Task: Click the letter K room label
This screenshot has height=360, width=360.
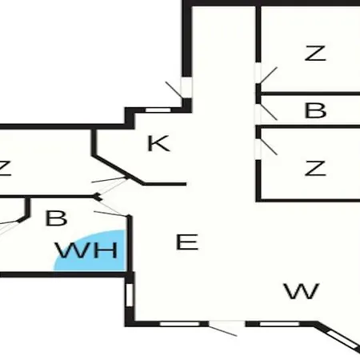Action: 158,143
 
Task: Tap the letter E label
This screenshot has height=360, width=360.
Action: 187,242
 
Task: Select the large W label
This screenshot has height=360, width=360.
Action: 302,291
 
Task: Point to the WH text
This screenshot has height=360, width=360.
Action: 86,250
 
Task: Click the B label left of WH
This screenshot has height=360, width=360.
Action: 56,218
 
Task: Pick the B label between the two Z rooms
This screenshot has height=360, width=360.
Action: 315,110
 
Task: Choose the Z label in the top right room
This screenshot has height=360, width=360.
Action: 315,53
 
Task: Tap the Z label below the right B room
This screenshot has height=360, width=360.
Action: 315,168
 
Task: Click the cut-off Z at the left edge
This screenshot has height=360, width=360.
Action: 6,168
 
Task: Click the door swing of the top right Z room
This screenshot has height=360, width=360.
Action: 268,75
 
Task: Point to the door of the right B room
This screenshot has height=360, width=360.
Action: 268,111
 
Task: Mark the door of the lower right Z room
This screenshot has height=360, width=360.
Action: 268,146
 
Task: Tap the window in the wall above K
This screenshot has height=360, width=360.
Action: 158,110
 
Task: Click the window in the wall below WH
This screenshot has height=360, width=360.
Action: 130,295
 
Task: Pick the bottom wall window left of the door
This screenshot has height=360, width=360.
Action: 180,324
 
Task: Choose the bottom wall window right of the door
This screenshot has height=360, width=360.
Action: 279,324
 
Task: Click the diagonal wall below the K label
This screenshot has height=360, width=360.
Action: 118,170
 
